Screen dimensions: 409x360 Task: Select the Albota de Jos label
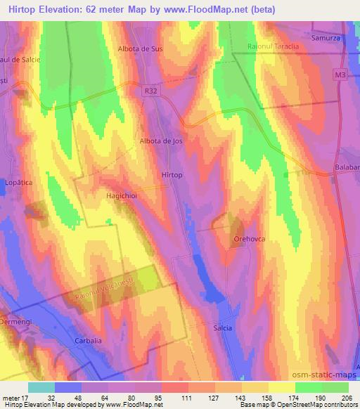click(x=162, y=141)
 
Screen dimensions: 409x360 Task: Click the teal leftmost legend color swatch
click(x=41, y=387)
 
